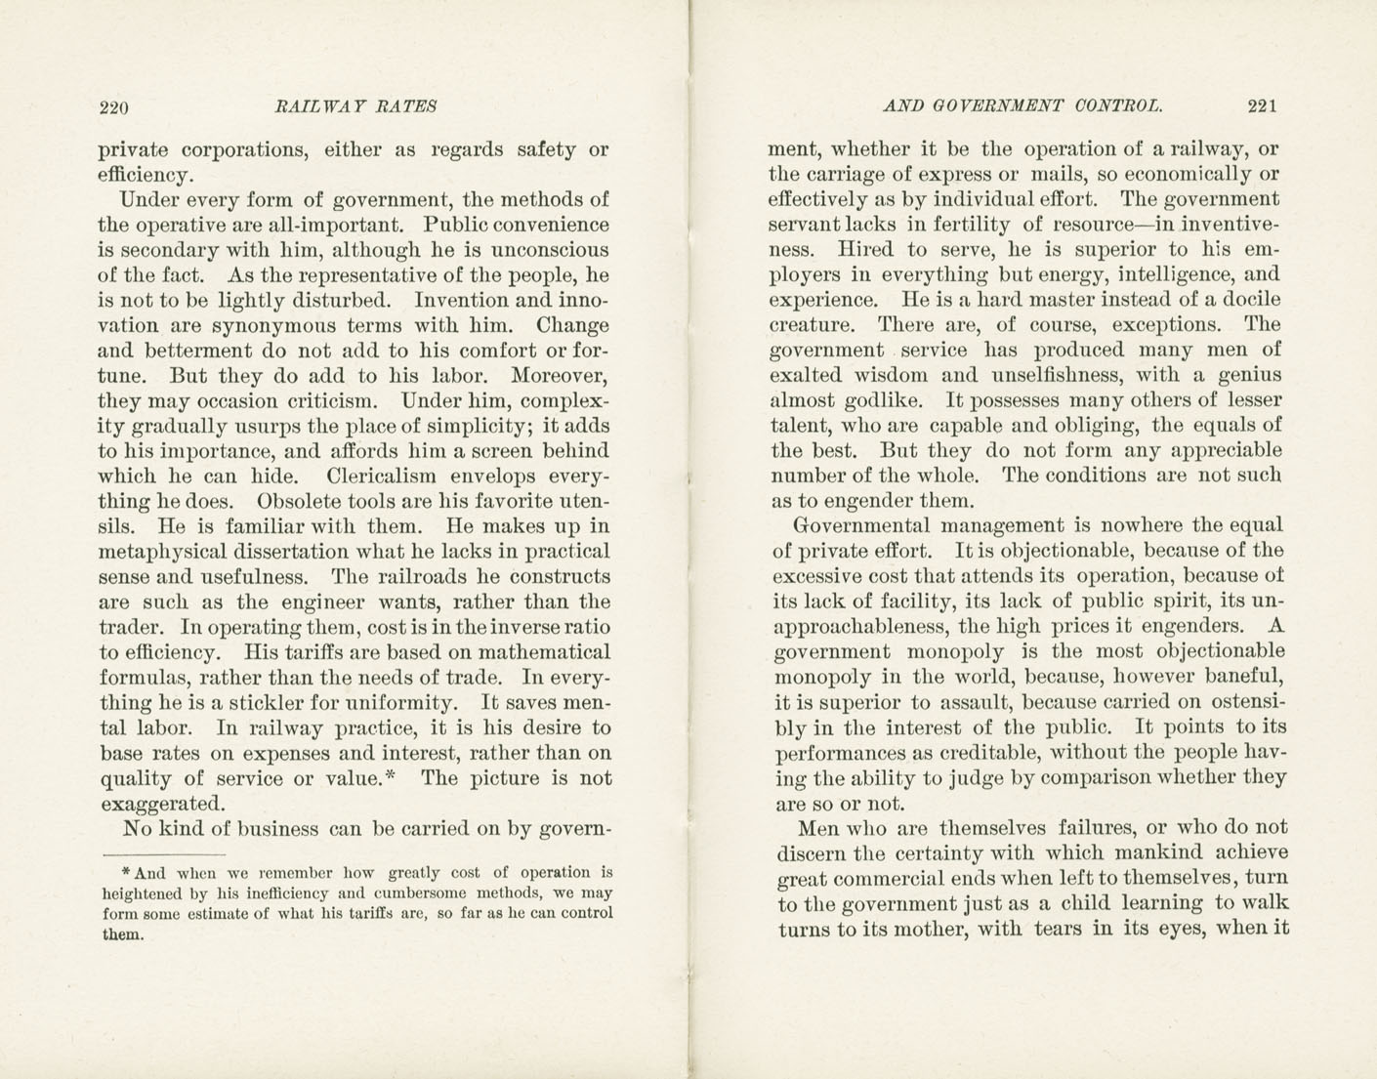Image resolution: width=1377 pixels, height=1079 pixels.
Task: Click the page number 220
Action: click(114, 107)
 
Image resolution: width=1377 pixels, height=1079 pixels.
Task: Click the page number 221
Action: click(1262, 106)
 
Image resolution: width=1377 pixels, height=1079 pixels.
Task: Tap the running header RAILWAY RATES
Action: click(356, 106)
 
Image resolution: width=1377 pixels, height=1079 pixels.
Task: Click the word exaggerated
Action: click(162, 804)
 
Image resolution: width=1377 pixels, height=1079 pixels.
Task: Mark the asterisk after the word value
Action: click(390, 776)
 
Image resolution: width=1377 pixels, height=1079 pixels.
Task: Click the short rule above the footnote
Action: click(163, 854)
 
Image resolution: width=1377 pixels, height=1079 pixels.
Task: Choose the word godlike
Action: click(883, 400)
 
